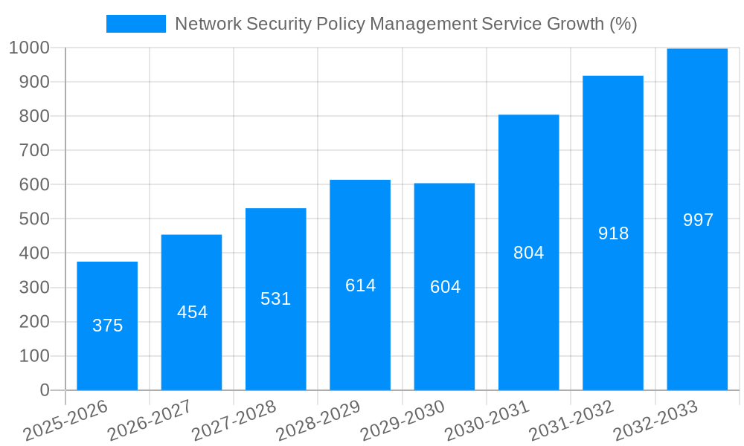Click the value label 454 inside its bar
(x=192, y=312)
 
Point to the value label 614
(x=360, y=285)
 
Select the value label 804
(x=528, y=253)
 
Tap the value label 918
(x=613, y=233)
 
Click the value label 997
(x=698, y=220)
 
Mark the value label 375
(x=107, y=326)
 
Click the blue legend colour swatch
(x=136, y=24)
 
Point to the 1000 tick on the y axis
(x=30, y=48)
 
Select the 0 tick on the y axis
(x=44, y=390)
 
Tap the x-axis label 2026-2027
(x=150, y=420)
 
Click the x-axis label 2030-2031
(x=487, y=420)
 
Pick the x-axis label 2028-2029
(x=318, y=420)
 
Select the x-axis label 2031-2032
(x=571, y=420)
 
